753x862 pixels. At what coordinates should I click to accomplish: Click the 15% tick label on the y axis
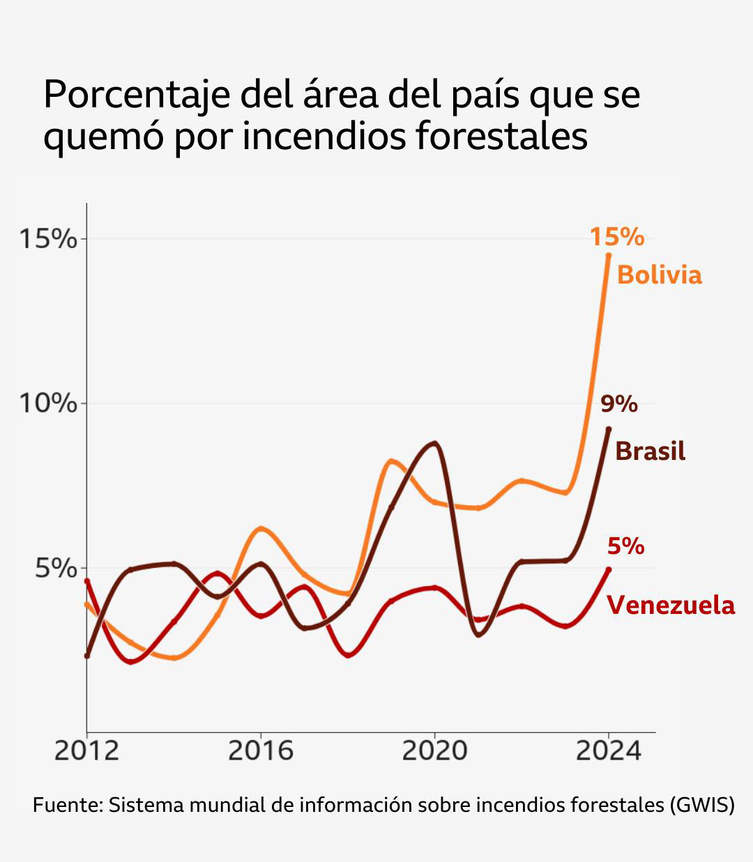pyautogui.click(x=47, y=239)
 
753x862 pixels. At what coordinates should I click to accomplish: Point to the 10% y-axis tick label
pyautogui.click(x=47, y=403)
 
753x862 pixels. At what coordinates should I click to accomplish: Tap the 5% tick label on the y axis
pyautogui.click(x=56, y=568)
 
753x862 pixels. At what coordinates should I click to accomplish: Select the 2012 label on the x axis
pyautogui.click(x=86, y=751)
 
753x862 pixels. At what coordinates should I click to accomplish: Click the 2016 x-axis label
pyautogui.click(x=261, y=751)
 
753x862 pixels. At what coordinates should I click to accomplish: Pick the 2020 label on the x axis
pyautogui.click(x=434, y=751)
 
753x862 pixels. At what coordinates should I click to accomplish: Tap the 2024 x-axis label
pyautogui.click(x=609, y=751)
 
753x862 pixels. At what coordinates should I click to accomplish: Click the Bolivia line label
pyautogui.click(x=659, y=275)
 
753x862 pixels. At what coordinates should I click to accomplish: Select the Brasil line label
pyautogui.click(x=650, y=451)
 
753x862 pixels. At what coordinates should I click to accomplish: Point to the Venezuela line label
pyautogui.click(x=671, y=605)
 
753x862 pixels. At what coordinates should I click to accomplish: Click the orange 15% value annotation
pyautogui.click(x=616, y=237)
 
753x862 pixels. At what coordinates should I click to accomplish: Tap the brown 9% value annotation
pyautogui.click(x=619, y=403)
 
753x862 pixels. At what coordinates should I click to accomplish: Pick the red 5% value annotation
pyautogui.click(x=625, y=546)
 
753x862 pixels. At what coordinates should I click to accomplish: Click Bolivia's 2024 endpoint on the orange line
pyautogui.click(x=609, y=255)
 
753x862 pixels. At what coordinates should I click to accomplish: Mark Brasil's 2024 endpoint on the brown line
pyautogui.click(x=609, y=429)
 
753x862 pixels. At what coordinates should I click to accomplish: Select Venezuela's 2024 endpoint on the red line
pyautogui.click(x=609, y=569)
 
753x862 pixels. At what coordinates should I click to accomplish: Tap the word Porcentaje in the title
pyautogui.click(x=137, y=95)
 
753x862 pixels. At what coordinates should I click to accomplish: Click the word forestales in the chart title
pyautogui.click(x=501, y=136)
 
